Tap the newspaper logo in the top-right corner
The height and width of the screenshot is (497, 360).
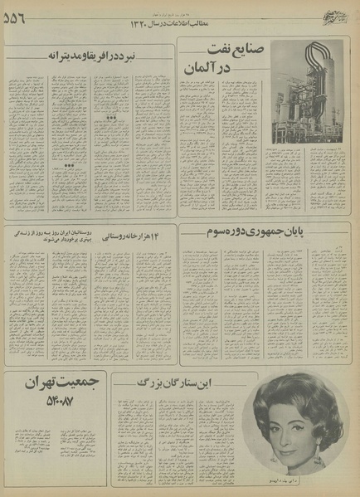(x=335, y=14)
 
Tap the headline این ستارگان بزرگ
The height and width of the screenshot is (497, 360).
(x=184, y=385)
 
